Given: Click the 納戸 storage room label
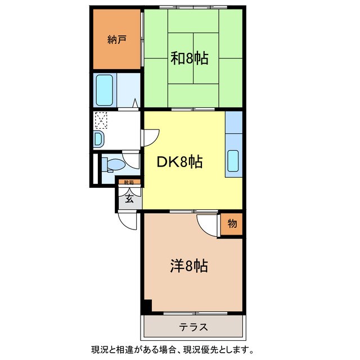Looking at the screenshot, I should pyautogui.click(x=116, y=40).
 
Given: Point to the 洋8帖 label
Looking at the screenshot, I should pyautogui.click(x=188, y=265).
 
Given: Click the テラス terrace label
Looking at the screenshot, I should pyautogui.click(x=194, y=327).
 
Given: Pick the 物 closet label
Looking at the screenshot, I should pyautogui.click(x=232, y=224).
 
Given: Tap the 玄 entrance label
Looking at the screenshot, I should pyautogui.click(x=129, y=198).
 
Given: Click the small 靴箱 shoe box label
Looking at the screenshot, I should pyautogui.click(x=129, y=182).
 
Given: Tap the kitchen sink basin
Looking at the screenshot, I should pyautogui.click(x=233, y=161).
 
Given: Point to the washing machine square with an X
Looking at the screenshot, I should pyautogui.click(x=101, y=120).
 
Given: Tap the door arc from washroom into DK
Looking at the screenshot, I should pyautogui.click(x=151, y=137).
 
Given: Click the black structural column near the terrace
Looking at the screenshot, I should pyautogui.click(x=146, y=307).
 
